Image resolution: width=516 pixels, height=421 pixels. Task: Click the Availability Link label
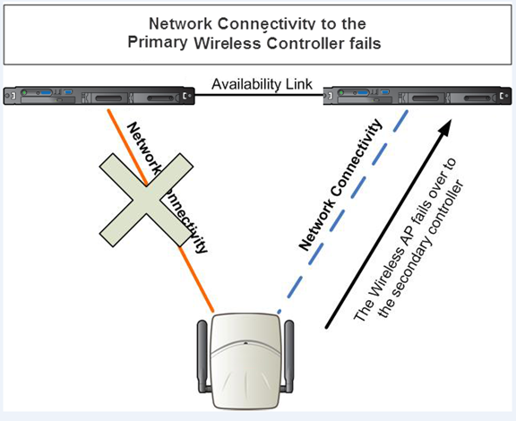click(x=262, y=84)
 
